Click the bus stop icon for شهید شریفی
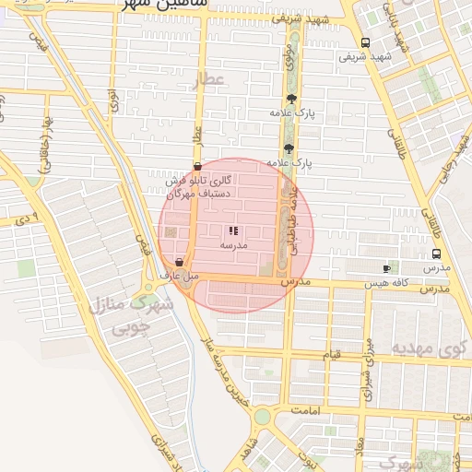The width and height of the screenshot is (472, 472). [366, 42]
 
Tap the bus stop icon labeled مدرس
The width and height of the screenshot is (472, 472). [436, 254]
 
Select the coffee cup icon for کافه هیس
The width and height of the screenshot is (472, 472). [386, 268]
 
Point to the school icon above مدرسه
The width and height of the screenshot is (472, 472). [232, 231]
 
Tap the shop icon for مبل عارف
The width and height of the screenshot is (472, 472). [178, 262]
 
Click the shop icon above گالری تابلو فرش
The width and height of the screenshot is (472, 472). [197, 167]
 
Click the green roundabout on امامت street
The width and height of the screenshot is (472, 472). [263, 417]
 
